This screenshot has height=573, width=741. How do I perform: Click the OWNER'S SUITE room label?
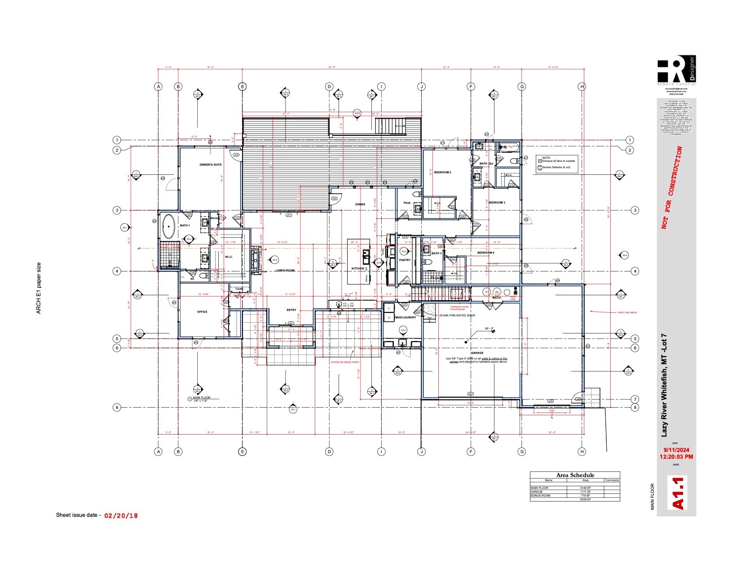211,165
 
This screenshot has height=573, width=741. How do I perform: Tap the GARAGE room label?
477,353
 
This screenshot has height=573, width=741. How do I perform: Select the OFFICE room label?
202,312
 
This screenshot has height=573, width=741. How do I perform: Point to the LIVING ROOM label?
285,271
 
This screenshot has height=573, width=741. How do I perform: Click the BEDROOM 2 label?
442,173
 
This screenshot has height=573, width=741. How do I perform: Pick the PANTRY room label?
405,260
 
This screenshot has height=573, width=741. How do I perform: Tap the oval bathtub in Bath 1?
169,227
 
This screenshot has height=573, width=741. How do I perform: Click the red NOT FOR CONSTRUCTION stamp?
672,188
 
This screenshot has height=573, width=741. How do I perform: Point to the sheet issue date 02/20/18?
121,516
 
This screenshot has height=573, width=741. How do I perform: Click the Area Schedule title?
575,475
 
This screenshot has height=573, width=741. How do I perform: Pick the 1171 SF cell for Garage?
585,492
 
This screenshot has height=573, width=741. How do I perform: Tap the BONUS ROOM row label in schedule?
540,495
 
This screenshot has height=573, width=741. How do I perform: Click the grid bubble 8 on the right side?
635,408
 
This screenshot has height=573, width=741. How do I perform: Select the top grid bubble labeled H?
582,86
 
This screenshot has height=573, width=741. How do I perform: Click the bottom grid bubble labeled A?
158,452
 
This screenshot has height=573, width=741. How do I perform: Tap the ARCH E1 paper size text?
39,288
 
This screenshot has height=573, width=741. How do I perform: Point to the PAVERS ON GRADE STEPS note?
344,362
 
